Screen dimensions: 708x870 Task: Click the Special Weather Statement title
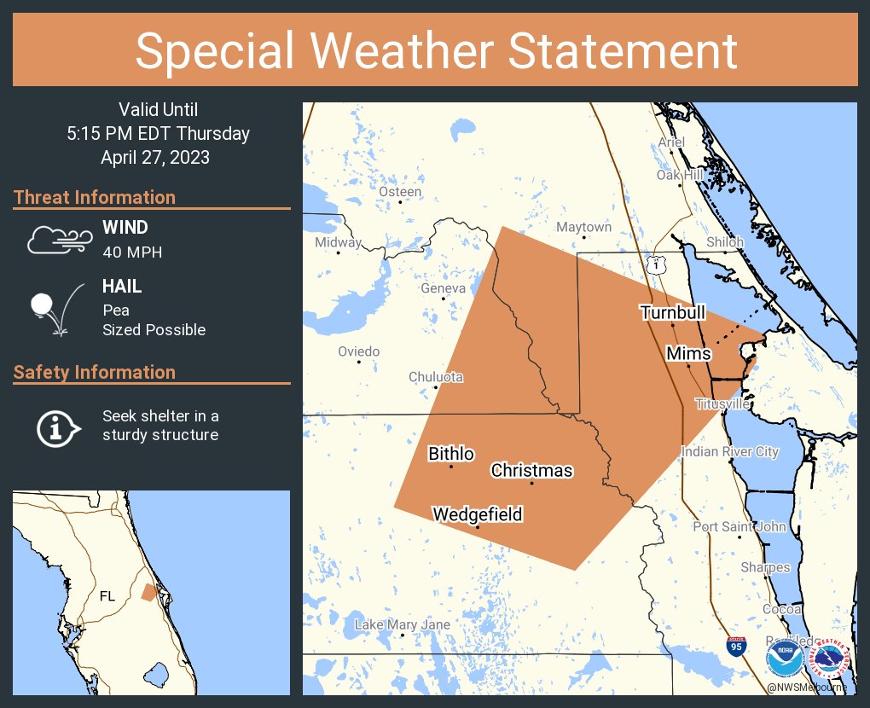[435, 51]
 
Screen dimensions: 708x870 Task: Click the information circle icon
[57, 427]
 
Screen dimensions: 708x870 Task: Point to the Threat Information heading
[95, 197]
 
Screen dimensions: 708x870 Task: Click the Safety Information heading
[95, 372]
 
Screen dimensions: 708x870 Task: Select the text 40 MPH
[132, 252]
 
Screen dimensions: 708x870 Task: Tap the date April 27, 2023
[155, 158]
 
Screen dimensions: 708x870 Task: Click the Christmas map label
[531, 471]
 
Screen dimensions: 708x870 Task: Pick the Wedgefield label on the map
[477, 514]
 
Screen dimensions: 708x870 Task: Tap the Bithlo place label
[451, 454]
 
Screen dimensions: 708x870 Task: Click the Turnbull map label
[673, 313]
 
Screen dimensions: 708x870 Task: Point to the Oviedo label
[358, 351]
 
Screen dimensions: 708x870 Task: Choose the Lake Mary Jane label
[402, 625]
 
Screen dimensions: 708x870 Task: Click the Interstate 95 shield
[735, 646]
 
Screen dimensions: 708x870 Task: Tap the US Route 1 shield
[655, 265]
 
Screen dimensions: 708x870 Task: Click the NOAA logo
[783, 659]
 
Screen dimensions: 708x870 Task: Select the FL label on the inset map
[107, 596]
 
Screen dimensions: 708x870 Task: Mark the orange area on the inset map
[149, 592]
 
